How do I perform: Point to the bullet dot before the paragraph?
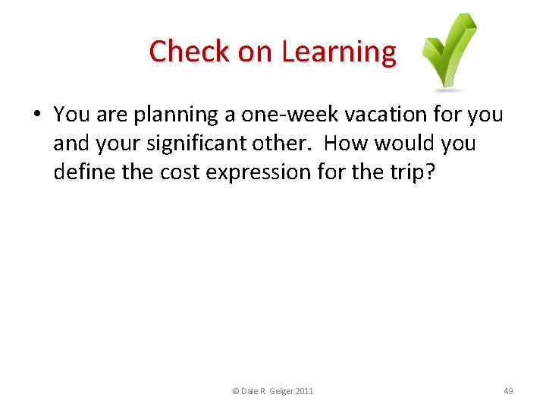[x=37, y=115]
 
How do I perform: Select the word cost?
[x=179, y=172]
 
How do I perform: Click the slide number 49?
[x=508, y=391]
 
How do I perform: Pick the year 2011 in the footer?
[x=303, y=391]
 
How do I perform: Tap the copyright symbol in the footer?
[x=235, y=391]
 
